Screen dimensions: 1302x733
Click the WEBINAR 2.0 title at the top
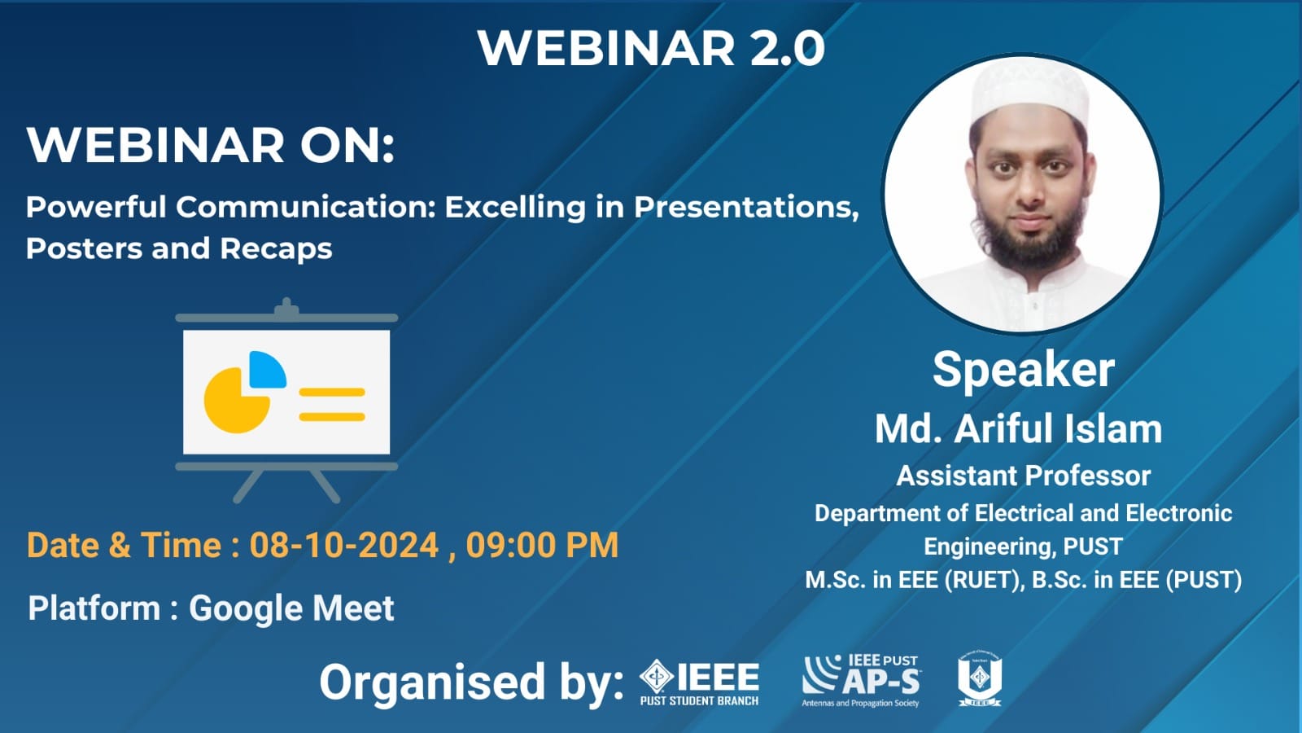click(651, 48)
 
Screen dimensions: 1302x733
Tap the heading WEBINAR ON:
click(211, 145)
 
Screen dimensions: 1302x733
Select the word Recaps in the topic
click(276, 249)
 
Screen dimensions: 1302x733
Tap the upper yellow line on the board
click(332, 392)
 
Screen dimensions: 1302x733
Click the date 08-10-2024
click(343, 546)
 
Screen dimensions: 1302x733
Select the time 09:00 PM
click(542, 546)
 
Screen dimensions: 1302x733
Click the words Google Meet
click(291, 608)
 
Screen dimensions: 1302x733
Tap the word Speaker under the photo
click(1024, 370)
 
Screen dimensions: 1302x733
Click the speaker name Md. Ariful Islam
click(1018, 428)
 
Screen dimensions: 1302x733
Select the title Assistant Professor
click(1024, 476)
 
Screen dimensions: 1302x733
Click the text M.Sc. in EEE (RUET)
click(912, 580)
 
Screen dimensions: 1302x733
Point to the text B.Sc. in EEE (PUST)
click(1137, 580)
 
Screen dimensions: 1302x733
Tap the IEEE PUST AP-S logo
click(861, 681)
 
